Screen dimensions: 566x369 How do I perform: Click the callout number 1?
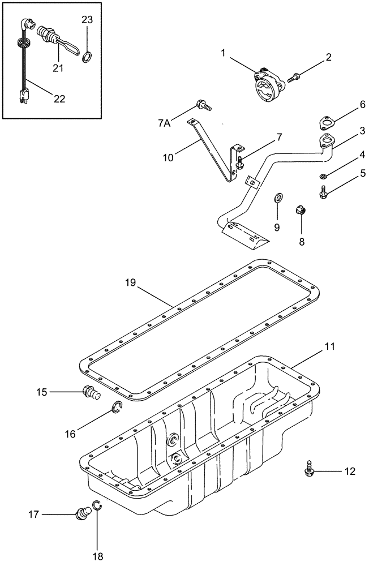pyautogui.click(x=224, y=53)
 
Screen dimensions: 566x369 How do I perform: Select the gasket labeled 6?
pyautogui.click(x=328, y=123)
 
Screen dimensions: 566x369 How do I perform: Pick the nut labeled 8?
pyautogui.click(x=301, y=212)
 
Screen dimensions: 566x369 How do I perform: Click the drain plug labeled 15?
pyautogui.click(x=89, y=391)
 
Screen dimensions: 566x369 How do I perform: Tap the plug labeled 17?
pyautogui.click(x=83, y=514)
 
